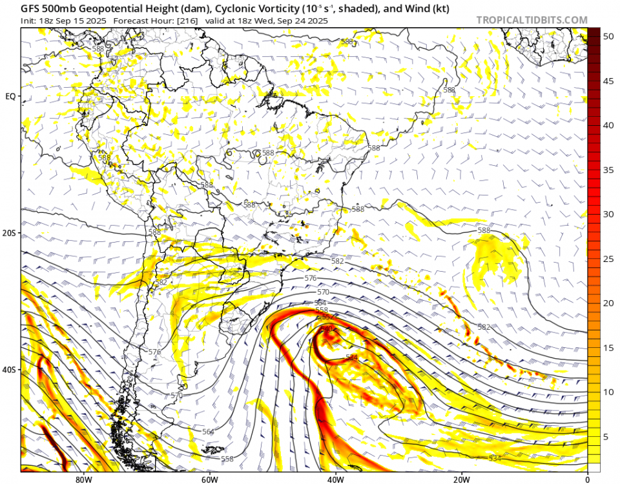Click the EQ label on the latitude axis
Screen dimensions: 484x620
[10, 96]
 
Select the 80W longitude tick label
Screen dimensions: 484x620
[83, 479]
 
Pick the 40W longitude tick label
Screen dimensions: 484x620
[335, 479]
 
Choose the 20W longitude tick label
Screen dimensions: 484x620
[461, 479]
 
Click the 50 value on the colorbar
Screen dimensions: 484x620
[608, 37]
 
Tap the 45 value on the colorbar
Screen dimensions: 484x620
[608, 81]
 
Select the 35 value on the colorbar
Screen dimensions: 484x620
[608, 170]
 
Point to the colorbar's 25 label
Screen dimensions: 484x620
[608, 259]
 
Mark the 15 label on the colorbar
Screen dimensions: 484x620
[608, 348]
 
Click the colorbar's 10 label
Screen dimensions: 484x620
[608, 392]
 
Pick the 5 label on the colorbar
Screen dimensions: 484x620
[606, 437]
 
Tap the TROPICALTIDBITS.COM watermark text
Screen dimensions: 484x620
[532, 20]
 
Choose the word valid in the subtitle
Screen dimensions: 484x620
[218, 21]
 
